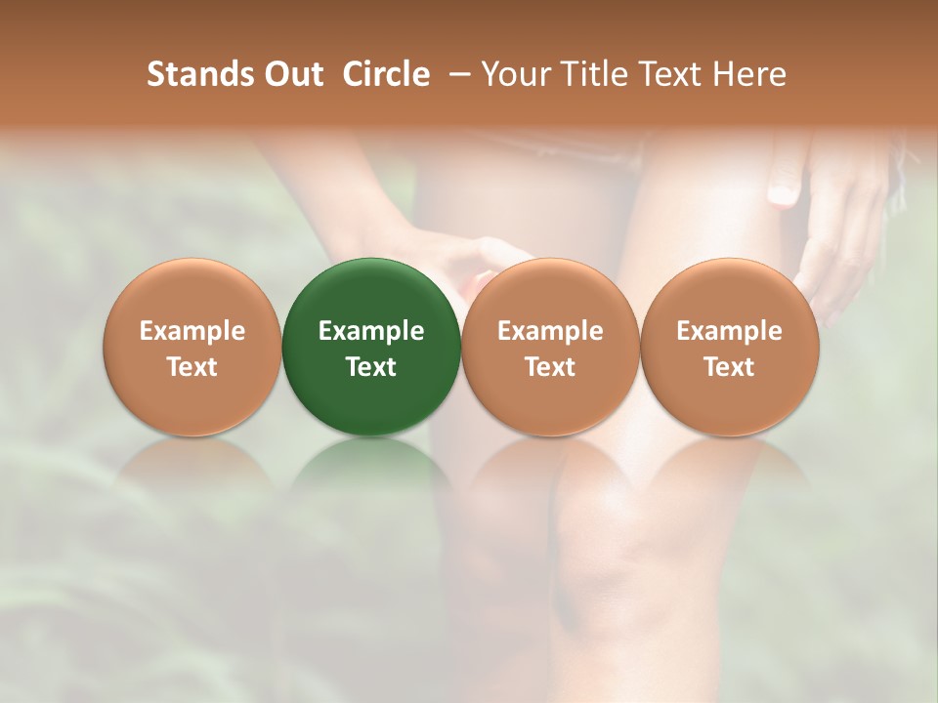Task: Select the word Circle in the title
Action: point(386,74)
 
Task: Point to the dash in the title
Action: point(456,74)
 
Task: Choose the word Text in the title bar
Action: point(669,74)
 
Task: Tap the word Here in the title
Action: point(749,74)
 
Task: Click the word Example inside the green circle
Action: point(371,331)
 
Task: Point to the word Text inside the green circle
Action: point(371,367)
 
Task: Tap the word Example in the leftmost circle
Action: point(192,331)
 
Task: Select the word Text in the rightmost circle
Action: point(730,367)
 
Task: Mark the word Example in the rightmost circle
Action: point(730,331)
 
